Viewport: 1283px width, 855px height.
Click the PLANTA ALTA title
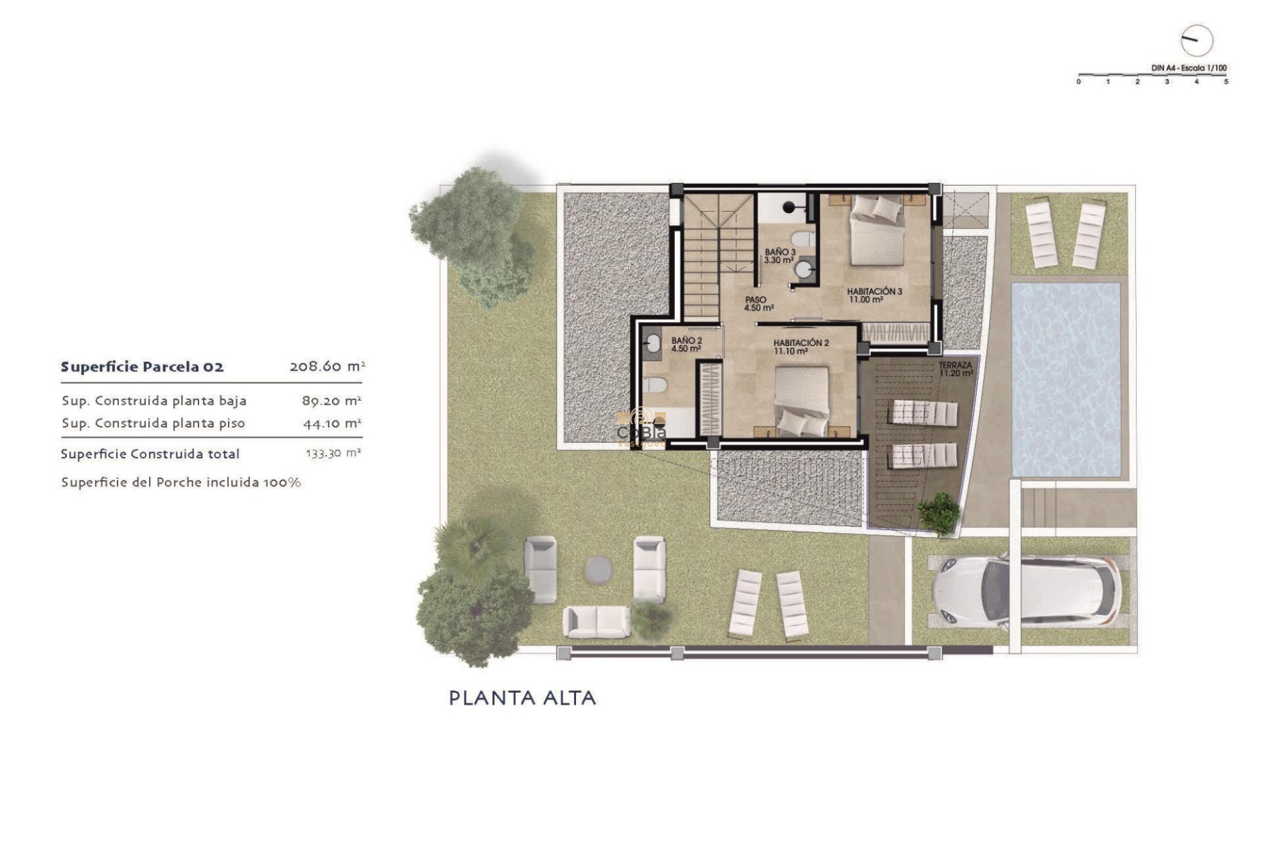522,698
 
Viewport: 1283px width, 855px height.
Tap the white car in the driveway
1025,591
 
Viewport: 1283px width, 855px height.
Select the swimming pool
1065,379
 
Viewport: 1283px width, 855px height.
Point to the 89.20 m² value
331,401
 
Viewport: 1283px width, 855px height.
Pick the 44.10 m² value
331,423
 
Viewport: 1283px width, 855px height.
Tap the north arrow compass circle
1196,41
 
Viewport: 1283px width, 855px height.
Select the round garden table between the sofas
598,569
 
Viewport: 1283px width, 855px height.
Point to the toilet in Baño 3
801,238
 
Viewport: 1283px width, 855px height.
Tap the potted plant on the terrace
939,513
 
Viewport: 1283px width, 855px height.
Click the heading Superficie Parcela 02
142,367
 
